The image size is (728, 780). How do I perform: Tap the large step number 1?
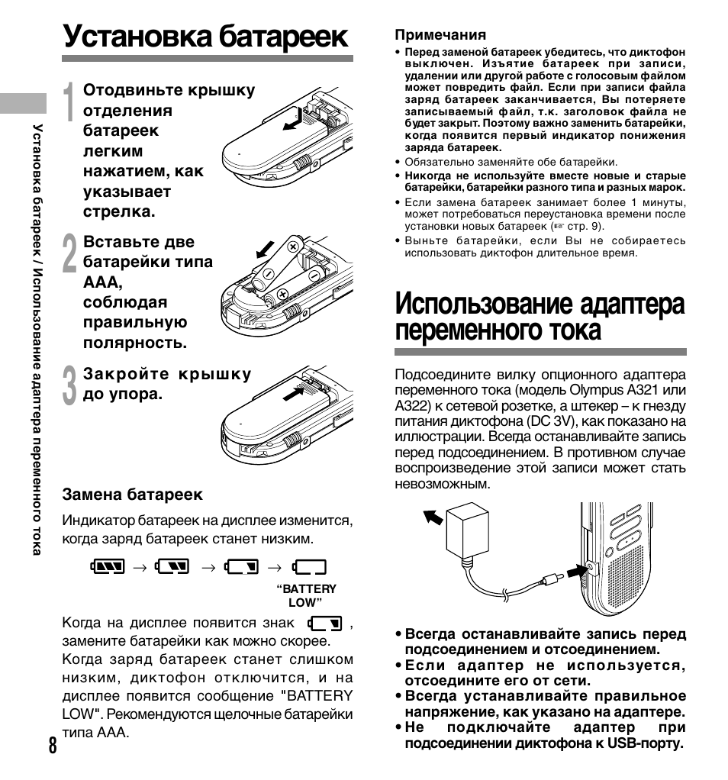point(69,103)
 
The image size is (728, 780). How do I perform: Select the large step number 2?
point(69,254)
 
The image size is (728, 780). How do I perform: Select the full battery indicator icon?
point(106,566)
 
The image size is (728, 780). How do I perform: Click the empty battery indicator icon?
point(309,566)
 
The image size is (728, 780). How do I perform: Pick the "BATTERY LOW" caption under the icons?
point(306,595)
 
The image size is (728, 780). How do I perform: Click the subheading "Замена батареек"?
point(132,495)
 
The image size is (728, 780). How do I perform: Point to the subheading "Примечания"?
point(440,35)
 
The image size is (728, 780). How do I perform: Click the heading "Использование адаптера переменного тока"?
point(540,317)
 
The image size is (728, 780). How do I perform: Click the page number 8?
point(51,745)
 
